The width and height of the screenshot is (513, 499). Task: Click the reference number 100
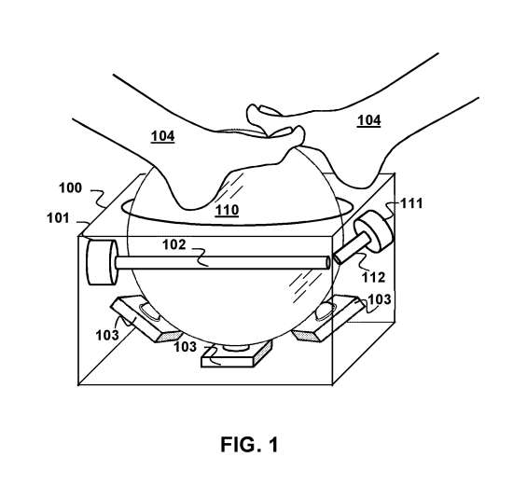[70, 188]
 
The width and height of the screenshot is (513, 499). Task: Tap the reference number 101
[58, 218]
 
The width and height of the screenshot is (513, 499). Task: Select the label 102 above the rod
[174, 244]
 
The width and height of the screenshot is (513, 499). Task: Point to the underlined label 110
[227, 210]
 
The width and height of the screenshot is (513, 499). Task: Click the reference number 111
[411, 204]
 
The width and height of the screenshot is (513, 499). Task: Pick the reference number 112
[373, 278]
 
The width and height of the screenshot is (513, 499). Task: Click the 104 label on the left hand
[162, 136]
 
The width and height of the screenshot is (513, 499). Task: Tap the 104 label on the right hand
[369, 120]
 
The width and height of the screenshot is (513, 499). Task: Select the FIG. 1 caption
[249, 444]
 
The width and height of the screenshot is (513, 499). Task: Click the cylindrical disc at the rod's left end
[102, 262]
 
